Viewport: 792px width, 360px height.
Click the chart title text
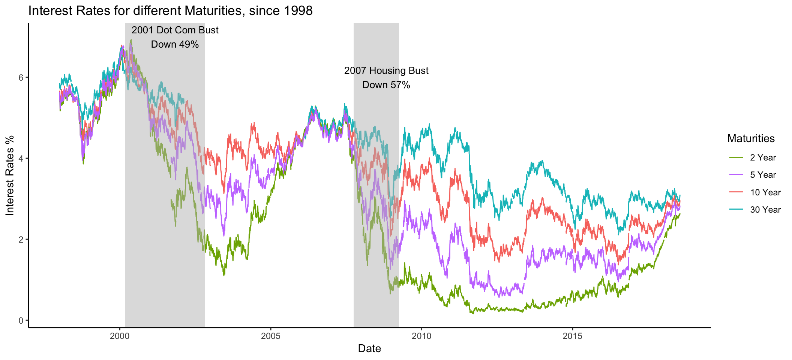(x=170, y=10)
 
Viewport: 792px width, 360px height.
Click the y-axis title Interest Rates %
(x=10, y=175)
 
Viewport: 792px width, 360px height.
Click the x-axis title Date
(x=369, y=348)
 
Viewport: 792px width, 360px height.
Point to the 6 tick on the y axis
(x=21, y=78)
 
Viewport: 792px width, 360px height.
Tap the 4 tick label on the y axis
(x=21, y=159)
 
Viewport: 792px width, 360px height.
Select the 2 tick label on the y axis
(x=21, y=240)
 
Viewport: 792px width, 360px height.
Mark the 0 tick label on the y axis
(x=21, y=321)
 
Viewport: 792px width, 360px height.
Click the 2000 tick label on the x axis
(x=120, y=336)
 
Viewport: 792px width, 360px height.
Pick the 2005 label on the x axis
(x=271, y=336)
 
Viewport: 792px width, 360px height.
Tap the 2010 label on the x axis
(x=421, y=336)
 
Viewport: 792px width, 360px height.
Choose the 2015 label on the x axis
(x=573, y=336)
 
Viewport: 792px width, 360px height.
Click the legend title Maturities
(x=751, y=138)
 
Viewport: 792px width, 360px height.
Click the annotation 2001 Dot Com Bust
(x=175, y=30)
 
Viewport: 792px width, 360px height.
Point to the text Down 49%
(x=175, y=44)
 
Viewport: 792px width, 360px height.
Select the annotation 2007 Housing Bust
(x=386, y=70)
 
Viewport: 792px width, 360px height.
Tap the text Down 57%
(x=386, y=85)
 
